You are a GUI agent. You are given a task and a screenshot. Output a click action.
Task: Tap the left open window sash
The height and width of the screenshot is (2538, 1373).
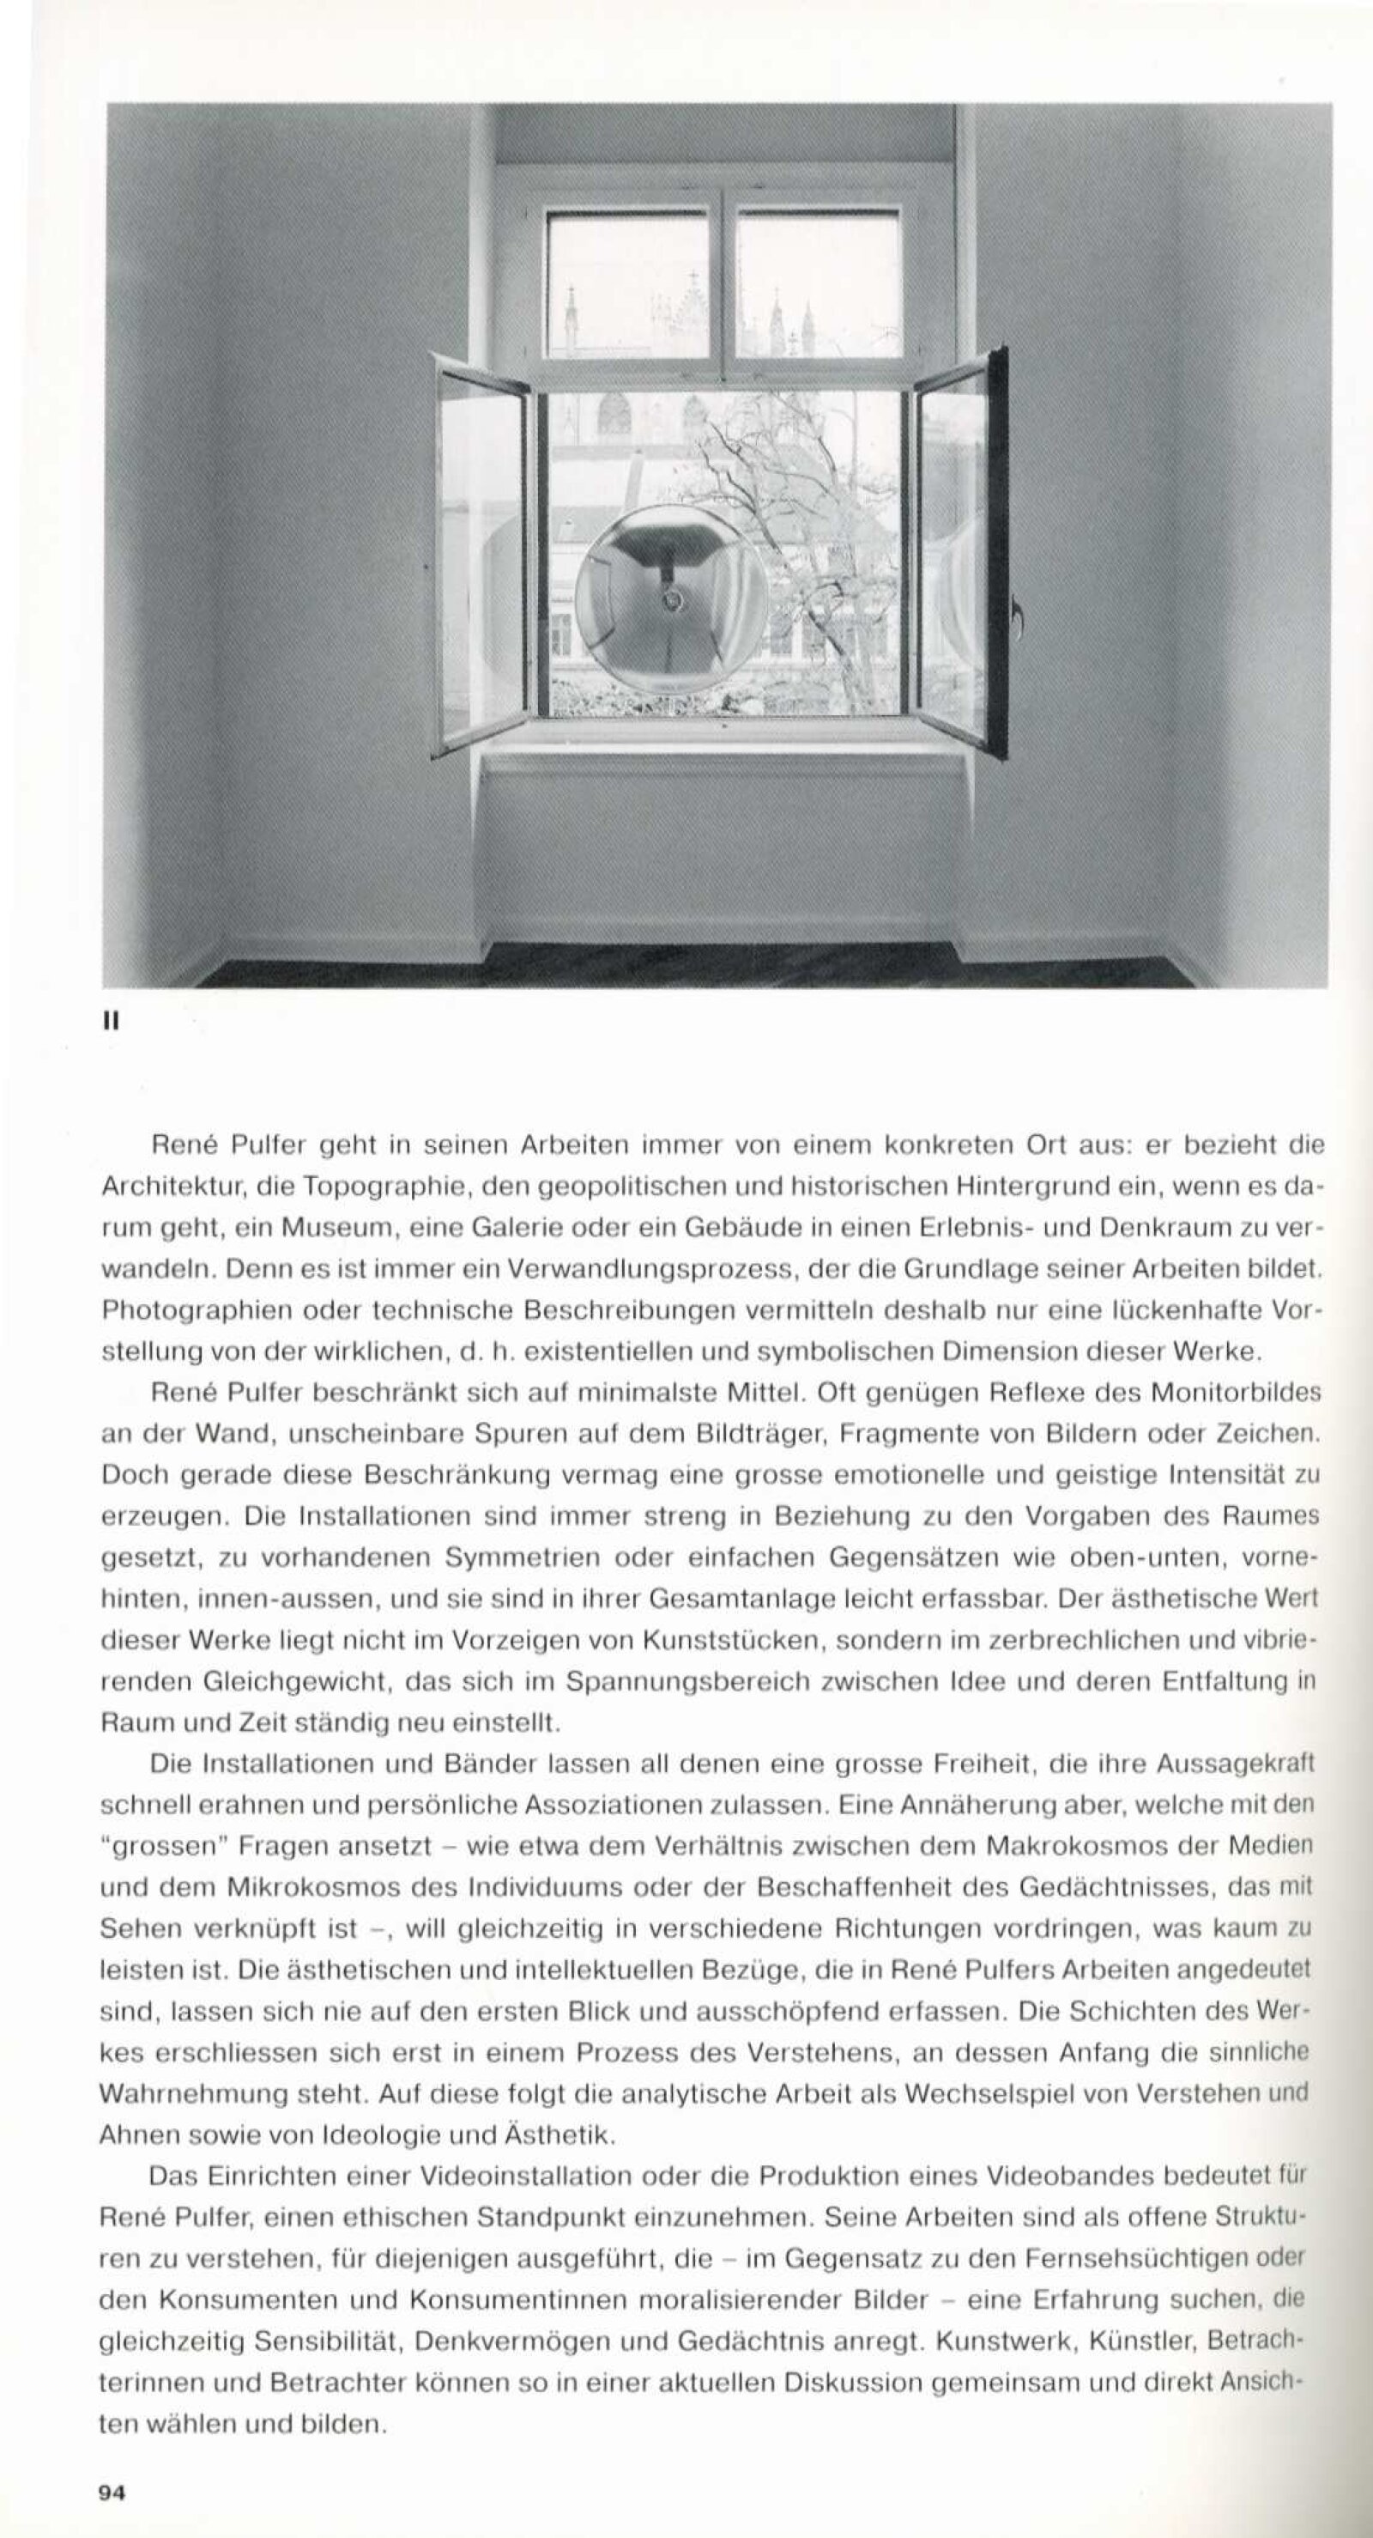pyautogui.click(x=482, y=556)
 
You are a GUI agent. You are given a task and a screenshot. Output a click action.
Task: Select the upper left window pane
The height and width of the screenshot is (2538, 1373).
pyautogui.click(x=627, y=285)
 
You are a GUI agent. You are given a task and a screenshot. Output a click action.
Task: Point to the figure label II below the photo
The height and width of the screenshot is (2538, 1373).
pyautogui.click(x=111, y=1023)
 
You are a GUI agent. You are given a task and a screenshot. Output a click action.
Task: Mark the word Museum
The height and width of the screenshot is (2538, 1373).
pyautogui.click(x=335, y=1229)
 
